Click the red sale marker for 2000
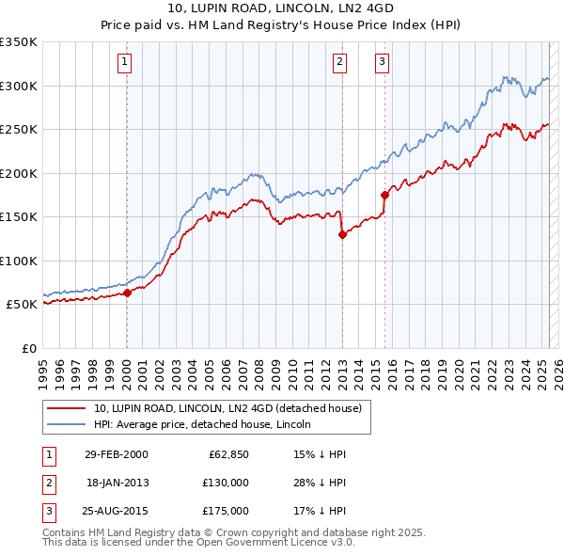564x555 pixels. point(127,293)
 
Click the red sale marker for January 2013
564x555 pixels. point(342,235)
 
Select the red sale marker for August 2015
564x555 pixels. point(385,196)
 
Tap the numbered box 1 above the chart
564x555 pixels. point(125,63)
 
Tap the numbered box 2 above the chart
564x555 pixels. point(339,63)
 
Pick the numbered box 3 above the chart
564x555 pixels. point(383,63)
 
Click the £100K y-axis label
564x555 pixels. point(19,262)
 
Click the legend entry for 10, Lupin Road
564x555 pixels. point(233,409)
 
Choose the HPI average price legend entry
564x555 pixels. point(208,425)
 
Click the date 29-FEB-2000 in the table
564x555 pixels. point(116,454)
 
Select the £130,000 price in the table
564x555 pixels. point(226,483)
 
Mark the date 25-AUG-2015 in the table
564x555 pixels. point(117,511)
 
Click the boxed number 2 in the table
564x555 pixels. point(46,483)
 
